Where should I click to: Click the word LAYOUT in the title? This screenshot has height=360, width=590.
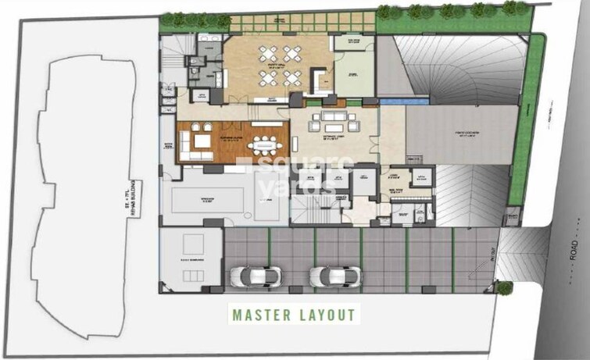coord(329,315)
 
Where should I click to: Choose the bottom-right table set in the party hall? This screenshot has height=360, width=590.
coord(291,77)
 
